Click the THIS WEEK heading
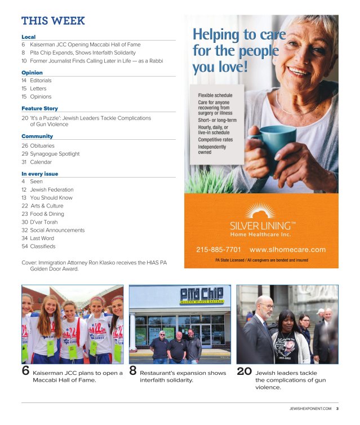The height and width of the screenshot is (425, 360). [x=53, y=21]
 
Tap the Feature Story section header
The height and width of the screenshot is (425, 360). [x=39, y=108]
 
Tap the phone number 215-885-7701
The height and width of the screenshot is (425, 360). [x=219, y=250]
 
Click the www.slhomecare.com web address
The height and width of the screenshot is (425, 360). [x=287, y=250]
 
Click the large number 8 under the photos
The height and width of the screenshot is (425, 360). [x=133, y=371]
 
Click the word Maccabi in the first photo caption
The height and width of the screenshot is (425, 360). [x=46, y=380]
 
